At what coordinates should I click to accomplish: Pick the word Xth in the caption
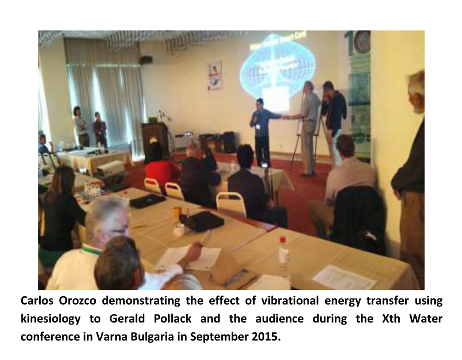pyautogui.click(x=391, y=319)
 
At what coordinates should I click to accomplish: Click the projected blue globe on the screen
pyautogui.click(x=276, y=67)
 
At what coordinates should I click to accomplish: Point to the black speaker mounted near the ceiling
pyautogui.click(x=146, y=60)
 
